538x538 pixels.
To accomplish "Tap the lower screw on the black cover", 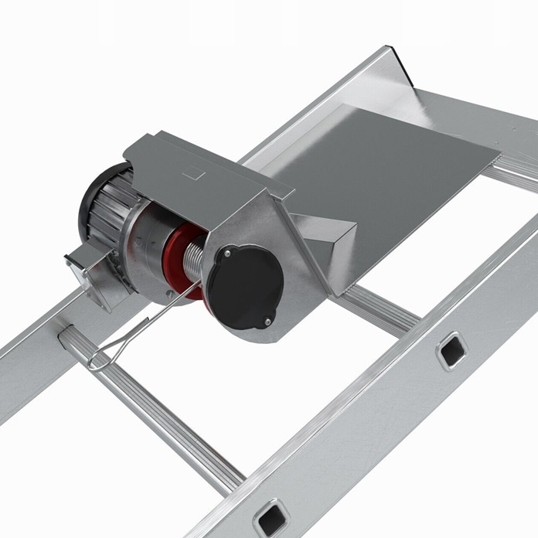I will [267, 321].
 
